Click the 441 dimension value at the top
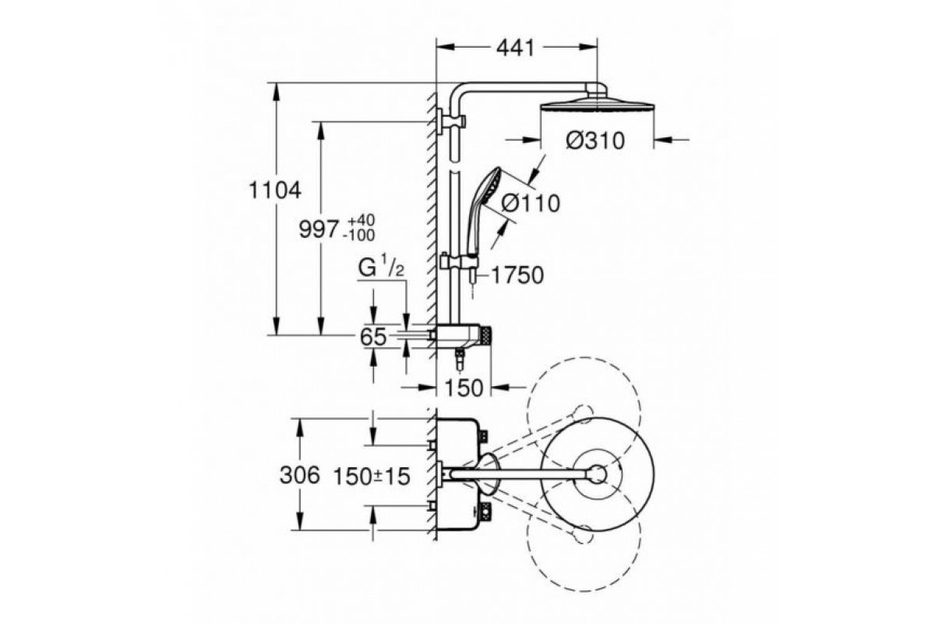pyautogui.click(x=515, y=48)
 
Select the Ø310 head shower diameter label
pyautogui.click(x=595, y=141)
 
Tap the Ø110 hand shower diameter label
pyautogui.click(x=531, y=204)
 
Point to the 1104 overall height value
pyautogui.click(x=274, y=190)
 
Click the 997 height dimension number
pyautogui.click(x=318, y=229)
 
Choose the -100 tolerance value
pyautogui.click(x=358, y=236)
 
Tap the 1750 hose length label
pyautogui.click(x=517, y=275)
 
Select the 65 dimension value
pyautogui.click(x=373, y=337)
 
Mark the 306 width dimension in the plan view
pyautogui.click(x=300, y=476)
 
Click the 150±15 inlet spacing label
pyautogui.click(x=372, y=477)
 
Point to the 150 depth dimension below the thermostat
pyautogui.click(x=464, y=388)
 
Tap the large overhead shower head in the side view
pyautogui.click(x=597, y=103)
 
